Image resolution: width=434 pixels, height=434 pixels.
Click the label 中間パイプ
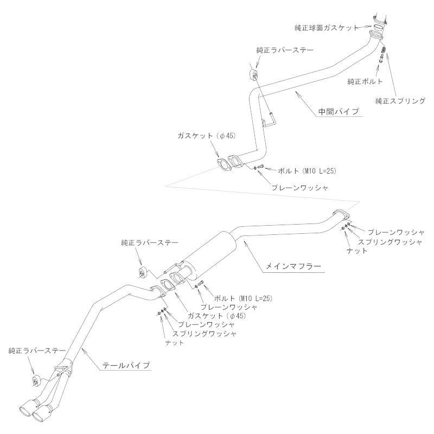coord(339,112)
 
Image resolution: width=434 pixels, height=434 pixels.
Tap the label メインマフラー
coord(293,266)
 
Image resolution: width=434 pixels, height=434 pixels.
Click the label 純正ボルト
coord(365,81)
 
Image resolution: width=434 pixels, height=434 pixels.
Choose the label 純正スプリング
coord(400,101)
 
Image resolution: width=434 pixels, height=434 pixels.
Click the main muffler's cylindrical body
coord(212,251)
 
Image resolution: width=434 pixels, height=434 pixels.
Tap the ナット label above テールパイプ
coord(174,343)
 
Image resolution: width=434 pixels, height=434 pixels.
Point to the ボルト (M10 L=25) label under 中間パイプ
coord(307,171)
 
